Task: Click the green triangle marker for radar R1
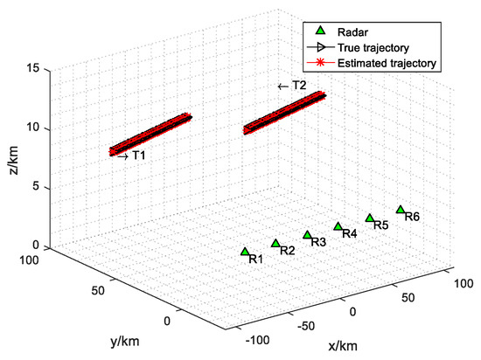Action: pos(245,252)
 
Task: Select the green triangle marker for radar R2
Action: pos(275,244)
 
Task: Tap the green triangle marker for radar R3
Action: pos(307,235)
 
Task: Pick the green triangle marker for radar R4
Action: pos(338,227)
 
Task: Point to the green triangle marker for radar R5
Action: pos(370,218)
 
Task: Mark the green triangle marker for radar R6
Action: pos(401,210)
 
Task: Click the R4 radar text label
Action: pos(349,234)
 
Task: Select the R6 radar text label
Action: pos(412,217)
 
